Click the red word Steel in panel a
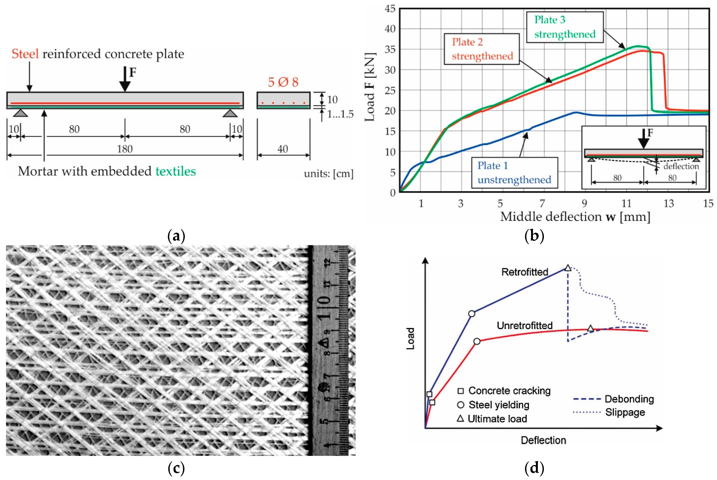coord(25,54)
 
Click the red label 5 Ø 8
coord(283,82)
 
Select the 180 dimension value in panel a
coord(125,149)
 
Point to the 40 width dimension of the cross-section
coord(283,149)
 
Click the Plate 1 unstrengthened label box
coord(514,173)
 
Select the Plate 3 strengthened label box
coord(564,27)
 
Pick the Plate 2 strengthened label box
coord(482,49)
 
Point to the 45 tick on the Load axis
coord(390,9)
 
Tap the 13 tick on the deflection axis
coord(669,204)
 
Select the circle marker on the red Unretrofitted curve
coord(477,341)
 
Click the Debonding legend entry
coord(614,399)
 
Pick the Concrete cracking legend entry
coord(504,391)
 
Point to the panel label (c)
coord(176,468)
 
